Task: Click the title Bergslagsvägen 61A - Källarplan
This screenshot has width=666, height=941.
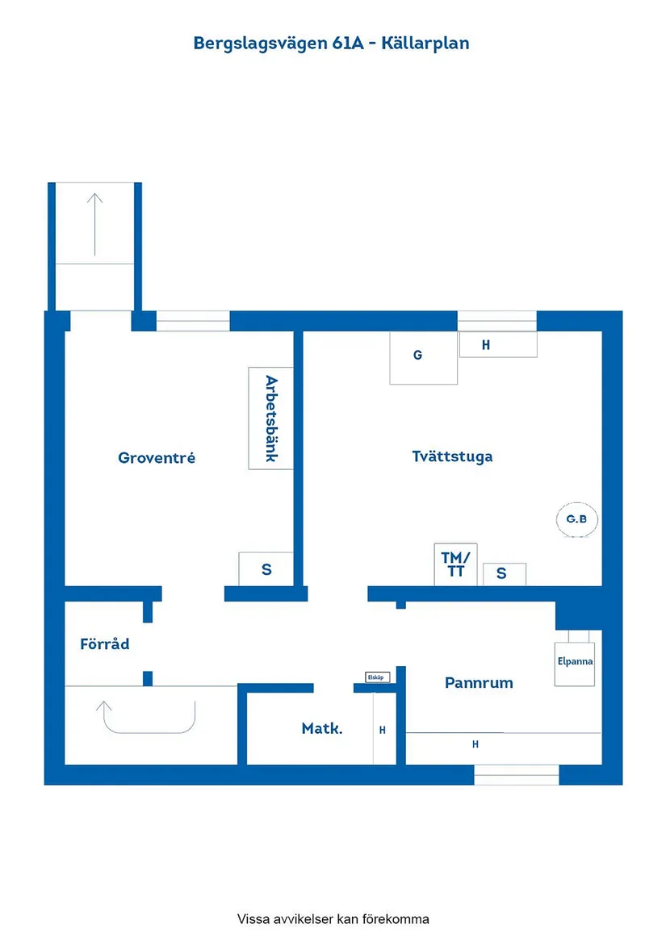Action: [x=331, y=43]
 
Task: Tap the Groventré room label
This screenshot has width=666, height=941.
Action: [x=157, y=458]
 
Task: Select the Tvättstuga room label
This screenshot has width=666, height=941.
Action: [x=452, y=456]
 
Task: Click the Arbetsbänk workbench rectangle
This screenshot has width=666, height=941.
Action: [x=270, y=418]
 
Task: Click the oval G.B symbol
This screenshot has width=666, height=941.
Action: [x=576, y=519]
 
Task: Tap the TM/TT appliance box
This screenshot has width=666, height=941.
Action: [x=455, y=564]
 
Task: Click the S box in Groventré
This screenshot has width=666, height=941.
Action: [x=266, y=568]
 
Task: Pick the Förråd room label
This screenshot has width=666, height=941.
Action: [x=105, y=644]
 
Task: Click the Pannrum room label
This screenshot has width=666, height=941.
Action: [x=479, y=683]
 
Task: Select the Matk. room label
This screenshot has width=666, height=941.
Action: [x=322, y=729]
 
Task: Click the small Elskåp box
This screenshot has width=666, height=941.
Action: [x=375, y=677]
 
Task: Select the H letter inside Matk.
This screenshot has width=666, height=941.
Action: [x=383, y=731]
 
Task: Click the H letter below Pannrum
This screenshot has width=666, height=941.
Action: [x=475, y=744]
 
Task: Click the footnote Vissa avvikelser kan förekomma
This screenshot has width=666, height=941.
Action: [x=333, y=918]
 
